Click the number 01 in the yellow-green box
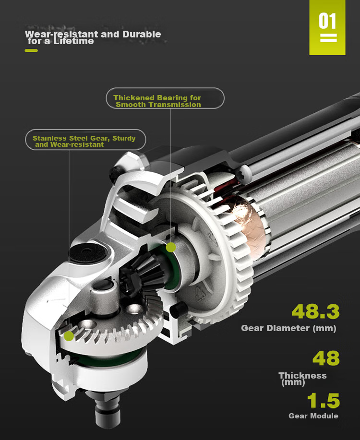pyautogui.click(x=327, y=21)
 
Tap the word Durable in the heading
pyautogui.click(x=142, y=34)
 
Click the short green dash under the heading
pyautogui.click(x=31, y=50)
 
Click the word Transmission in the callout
pyautogui.click(x=175, y=105)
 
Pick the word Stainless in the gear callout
pyautogui.click(x=50, y=138)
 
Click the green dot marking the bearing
pyautogui.click(x=171, y=247)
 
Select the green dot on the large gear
pyautogui.click(x=69, y=336)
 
